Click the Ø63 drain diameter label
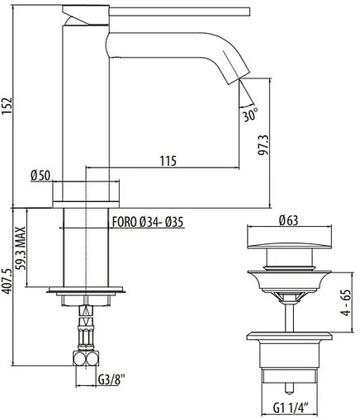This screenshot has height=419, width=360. tap(288, 219)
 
